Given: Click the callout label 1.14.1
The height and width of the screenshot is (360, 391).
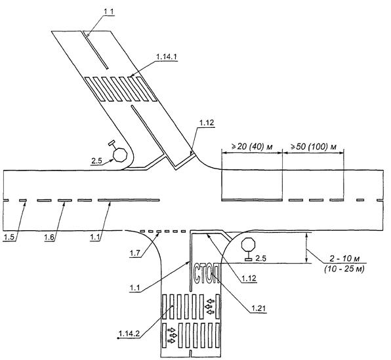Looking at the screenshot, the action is (x=167, y=57).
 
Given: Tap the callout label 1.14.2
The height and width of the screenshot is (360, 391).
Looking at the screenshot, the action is (x=129, y=334).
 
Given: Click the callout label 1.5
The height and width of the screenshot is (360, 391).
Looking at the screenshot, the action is (x=9, y=237).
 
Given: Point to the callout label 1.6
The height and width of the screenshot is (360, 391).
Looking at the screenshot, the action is (x=49, y=237).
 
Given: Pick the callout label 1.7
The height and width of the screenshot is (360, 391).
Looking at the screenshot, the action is (x=134, y=254).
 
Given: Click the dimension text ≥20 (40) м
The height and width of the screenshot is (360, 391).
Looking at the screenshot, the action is (x=252, y=147).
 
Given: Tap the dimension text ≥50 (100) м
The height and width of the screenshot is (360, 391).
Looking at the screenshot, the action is (x=314, y=147).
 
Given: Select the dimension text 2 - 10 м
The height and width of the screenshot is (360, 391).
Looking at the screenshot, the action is (x=344, y=258).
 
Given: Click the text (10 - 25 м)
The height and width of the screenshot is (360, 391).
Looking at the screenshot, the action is (x=344, y=269).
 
